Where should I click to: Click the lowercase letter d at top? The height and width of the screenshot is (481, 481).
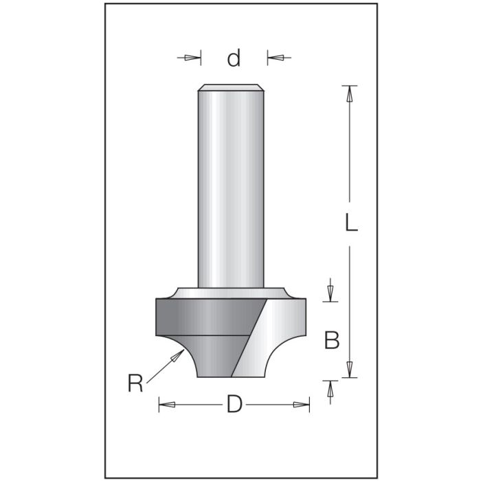pyautogui.click(x=234, y=59)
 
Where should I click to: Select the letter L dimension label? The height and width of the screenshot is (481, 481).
pyautogui.click(x=351, y=224)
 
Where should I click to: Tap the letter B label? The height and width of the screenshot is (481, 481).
pyautogui.click(x=332, y=340)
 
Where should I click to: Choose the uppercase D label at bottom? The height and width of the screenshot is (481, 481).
pyautogui.click(x=234, y=405)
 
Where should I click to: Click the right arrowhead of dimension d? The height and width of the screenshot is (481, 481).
pyautogui.click(x=273, y=58)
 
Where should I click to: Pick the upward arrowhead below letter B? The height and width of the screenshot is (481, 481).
pyautogui.click(x=331, y=387)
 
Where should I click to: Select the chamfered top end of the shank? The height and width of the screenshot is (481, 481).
pyautogui.click(x=231, y=87)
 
